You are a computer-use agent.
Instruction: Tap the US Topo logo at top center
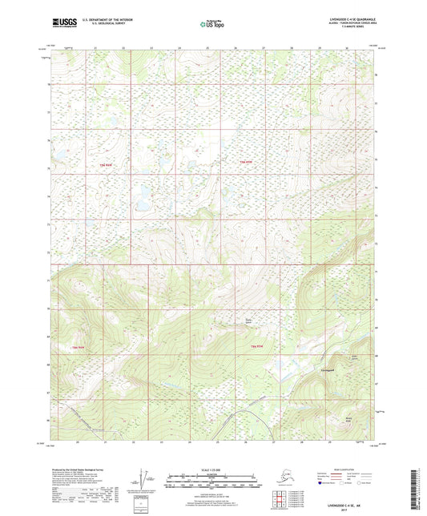click(x=206, y=26)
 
